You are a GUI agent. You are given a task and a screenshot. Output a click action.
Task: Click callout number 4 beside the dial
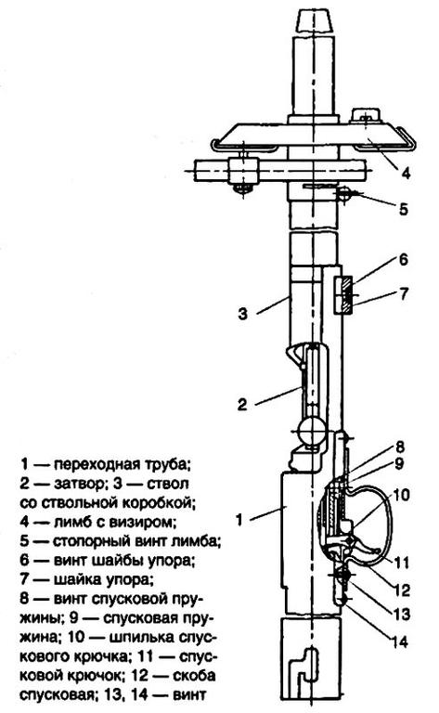[x=406, y=173]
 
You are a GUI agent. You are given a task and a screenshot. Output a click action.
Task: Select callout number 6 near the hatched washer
[x=404, y=260]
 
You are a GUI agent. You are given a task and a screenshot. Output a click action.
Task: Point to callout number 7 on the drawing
[x=404, y=293]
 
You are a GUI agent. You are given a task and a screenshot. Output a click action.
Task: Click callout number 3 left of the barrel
[x=243, y=313]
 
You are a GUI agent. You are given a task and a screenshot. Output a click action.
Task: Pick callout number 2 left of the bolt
[x=242, y=404]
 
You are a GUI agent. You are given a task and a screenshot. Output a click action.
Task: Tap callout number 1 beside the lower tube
[x=239, y=518]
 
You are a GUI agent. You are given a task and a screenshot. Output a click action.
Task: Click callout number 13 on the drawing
[x=402, y=615]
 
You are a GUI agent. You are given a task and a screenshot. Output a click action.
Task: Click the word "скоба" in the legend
[x=195, y=676]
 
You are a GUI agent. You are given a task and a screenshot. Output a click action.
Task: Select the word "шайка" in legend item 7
[x=75, y=579]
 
